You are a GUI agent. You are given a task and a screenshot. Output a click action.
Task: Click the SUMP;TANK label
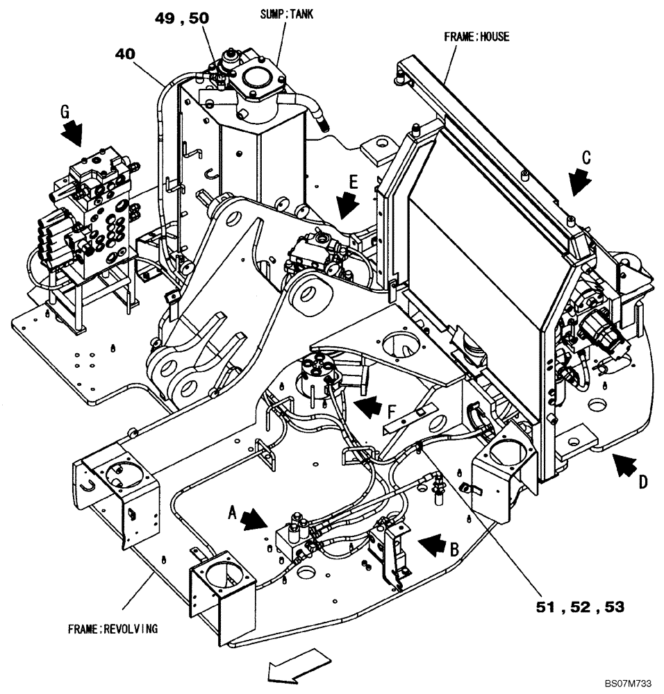click(x=286, y=14)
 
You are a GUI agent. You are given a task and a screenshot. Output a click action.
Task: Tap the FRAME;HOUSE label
click(x=476, y=37)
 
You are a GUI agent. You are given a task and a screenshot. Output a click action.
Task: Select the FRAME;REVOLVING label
click(x=113, y=629)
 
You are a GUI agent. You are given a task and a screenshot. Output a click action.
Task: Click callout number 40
click(x=125, y=52)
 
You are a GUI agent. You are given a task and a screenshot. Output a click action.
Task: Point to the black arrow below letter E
click(x=345, y=205)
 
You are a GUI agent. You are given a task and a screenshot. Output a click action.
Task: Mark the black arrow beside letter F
click(x=368, y=405)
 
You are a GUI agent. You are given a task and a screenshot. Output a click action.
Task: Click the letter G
click(x=65, y=110)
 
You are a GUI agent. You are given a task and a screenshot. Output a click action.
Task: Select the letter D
click(x=643, y=480)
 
